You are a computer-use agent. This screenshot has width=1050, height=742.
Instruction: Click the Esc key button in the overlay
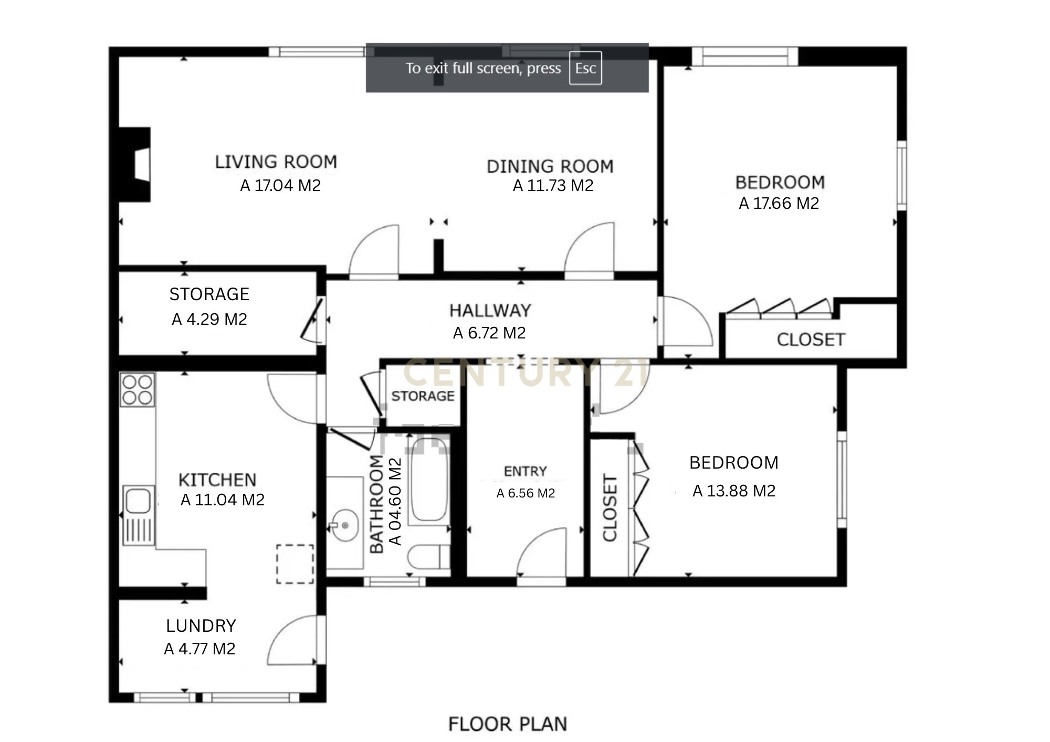click(x=585, y=68)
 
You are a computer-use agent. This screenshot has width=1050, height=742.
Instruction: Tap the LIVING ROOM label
click(x=276, y=162)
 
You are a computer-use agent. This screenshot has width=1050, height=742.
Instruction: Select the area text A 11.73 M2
click(x=553, y=186)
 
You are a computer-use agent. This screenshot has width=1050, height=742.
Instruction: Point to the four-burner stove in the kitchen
click(x=138, y=389)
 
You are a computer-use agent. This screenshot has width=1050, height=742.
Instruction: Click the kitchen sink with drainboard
click(x=139, y=514)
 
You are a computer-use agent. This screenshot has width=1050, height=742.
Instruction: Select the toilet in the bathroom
click(x=428, y=557)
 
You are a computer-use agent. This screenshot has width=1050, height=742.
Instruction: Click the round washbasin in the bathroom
click(x=344, y=525)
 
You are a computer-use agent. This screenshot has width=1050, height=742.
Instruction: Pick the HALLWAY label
click(x=490, y=311)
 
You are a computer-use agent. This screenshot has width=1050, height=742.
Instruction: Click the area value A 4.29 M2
click(x=209, y=320)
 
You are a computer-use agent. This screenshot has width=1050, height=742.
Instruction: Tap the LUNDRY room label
click(x=201, y=626)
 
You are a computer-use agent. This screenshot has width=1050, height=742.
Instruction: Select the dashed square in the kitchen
click(x=295, y=564)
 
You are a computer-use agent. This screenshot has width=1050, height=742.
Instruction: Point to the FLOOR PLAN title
click(x=508, y=724)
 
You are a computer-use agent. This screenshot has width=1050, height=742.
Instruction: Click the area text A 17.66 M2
click(x=779, y=204)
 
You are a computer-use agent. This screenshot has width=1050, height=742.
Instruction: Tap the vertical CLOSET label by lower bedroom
click(x=610, y=507)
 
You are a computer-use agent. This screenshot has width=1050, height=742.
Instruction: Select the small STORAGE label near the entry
click(x=423, y=396)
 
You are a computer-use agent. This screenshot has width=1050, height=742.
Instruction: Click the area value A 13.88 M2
click(x=733, y=491)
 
